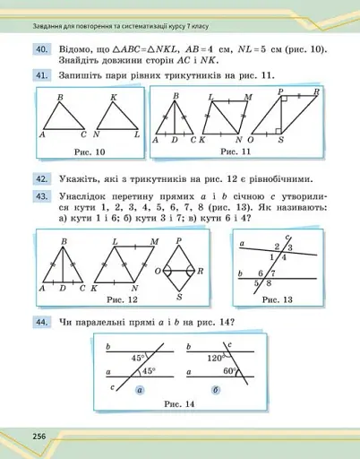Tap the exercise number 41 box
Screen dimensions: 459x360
pos(41,77)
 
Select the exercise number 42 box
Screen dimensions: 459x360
pos(41,178)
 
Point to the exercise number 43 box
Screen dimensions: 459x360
pos(41,195)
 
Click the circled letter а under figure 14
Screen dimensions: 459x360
pos(140,391)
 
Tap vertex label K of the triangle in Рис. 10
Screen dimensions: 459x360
pos(114,97)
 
